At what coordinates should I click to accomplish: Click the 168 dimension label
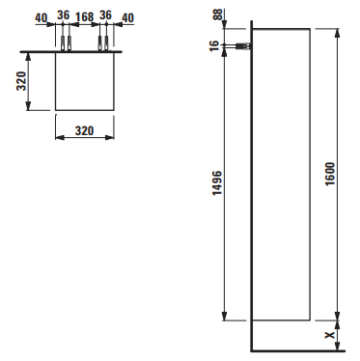pos(84,16)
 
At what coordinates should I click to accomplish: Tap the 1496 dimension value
pos(217,183)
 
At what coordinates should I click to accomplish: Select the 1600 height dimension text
pos(330,174)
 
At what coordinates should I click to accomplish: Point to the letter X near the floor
pos(330,335)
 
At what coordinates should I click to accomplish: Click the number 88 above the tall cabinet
pos(218,14)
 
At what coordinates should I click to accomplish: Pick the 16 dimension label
pos(215,44)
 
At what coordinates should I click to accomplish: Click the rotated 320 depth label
pos(21,81)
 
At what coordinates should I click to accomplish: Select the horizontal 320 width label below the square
pos(85,131)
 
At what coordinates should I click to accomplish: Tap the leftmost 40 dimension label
pos(42,18)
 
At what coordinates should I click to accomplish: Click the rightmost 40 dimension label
pos(128,18)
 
